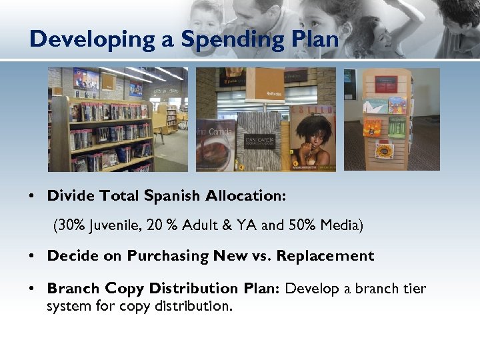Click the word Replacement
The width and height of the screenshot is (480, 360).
click(325, 256)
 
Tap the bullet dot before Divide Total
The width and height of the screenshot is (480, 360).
click(32, 197)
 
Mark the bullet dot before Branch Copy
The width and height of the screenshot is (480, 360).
click(32, 289)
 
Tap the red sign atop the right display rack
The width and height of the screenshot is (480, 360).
click(386, 83)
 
